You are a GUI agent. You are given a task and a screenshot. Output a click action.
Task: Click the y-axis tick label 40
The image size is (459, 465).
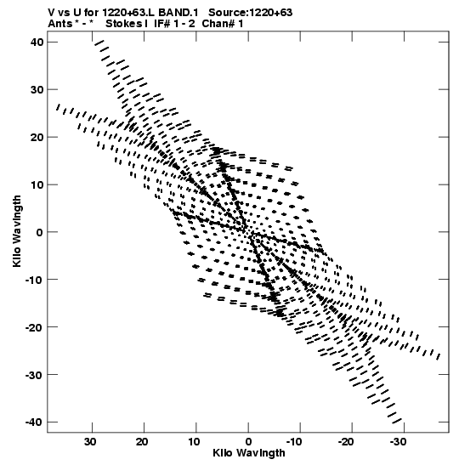point(37,43)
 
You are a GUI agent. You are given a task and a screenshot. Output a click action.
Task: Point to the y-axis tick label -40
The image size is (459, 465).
point(34,422)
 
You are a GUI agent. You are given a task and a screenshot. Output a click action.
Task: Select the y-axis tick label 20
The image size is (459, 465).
point(37,137)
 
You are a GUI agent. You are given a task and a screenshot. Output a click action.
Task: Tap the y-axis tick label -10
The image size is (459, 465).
point(34,280)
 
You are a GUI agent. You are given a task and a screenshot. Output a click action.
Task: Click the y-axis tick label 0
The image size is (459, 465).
point(40,232)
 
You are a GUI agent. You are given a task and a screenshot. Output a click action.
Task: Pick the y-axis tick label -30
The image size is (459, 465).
point(34,375)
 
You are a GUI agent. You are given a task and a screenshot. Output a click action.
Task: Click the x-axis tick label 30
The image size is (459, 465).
point(90,441)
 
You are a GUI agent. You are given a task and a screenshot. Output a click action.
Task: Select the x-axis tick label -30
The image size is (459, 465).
point(398,441)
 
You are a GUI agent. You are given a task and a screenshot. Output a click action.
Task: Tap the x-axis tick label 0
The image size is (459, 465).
point(248,441)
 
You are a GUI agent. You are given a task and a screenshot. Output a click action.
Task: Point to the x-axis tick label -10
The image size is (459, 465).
point(294,441)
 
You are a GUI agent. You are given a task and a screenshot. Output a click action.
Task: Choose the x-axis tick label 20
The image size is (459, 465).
point(142,441)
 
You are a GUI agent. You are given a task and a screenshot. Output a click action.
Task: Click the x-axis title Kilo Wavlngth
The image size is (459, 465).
point(249,453)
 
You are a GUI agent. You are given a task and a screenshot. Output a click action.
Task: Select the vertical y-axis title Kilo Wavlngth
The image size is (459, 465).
point(17,231)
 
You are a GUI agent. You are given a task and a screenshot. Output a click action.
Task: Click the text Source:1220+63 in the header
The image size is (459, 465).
point(250,13)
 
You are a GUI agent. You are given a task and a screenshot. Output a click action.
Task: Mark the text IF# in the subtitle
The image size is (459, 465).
point(161,23)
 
